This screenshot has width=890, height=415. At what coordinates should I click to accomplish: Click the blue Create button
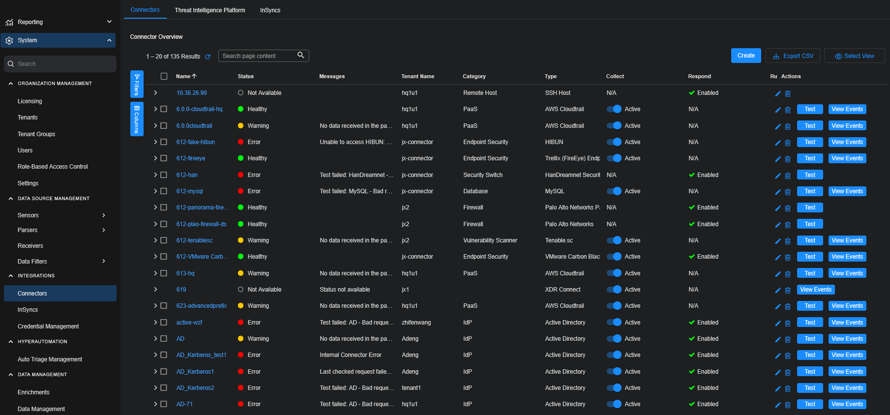point(745,56)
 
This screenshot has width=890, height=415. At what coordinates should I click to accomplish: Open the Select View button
point(854,56)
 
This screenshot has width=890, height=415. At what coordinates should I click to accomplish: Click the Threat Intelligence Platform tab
point(209,10)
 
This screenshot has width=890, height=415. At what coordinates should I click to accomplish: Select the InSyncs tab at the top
point(270,10)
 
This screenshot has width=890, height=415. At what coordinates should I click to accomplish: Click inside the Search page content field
point(258,56)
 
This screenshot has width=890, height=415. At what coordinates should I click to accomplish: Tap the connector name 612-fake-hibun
point(195,142)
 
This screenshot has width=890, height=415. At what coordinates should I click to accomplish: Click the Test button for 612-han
point(809,175)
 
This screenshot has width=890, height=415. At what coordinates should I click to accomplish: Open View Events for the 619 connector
point(815,290)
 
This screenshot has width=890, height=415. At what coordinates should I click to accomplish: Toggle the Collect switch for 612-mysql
point(614,191)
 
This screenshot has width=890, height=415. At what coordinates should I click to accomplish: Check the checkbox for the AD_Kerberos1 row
point(164,372)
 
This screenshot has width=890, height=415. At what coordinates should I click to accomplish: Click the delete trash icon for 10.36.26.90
point(788,93)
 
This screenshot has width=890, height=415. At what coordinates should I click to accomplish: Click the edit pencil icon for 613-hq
point(778,274)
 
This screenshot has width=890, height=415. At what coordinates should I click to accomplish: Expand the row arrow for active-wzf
point(155,323)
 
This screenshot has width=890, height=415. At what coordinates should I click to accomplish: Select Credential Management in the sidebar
point(48,326)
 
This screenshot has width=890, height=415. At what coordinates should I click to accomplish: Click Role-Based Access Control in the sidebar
point(53,167)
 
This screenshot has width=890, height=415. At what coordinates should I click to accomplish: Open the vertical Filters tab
point(137,84)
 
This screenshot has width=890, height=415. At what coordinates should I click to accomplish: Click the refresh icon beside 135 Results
point(208,57)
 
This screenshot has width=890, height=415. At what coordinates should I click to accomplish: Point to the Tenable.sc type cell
point(559,240)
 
